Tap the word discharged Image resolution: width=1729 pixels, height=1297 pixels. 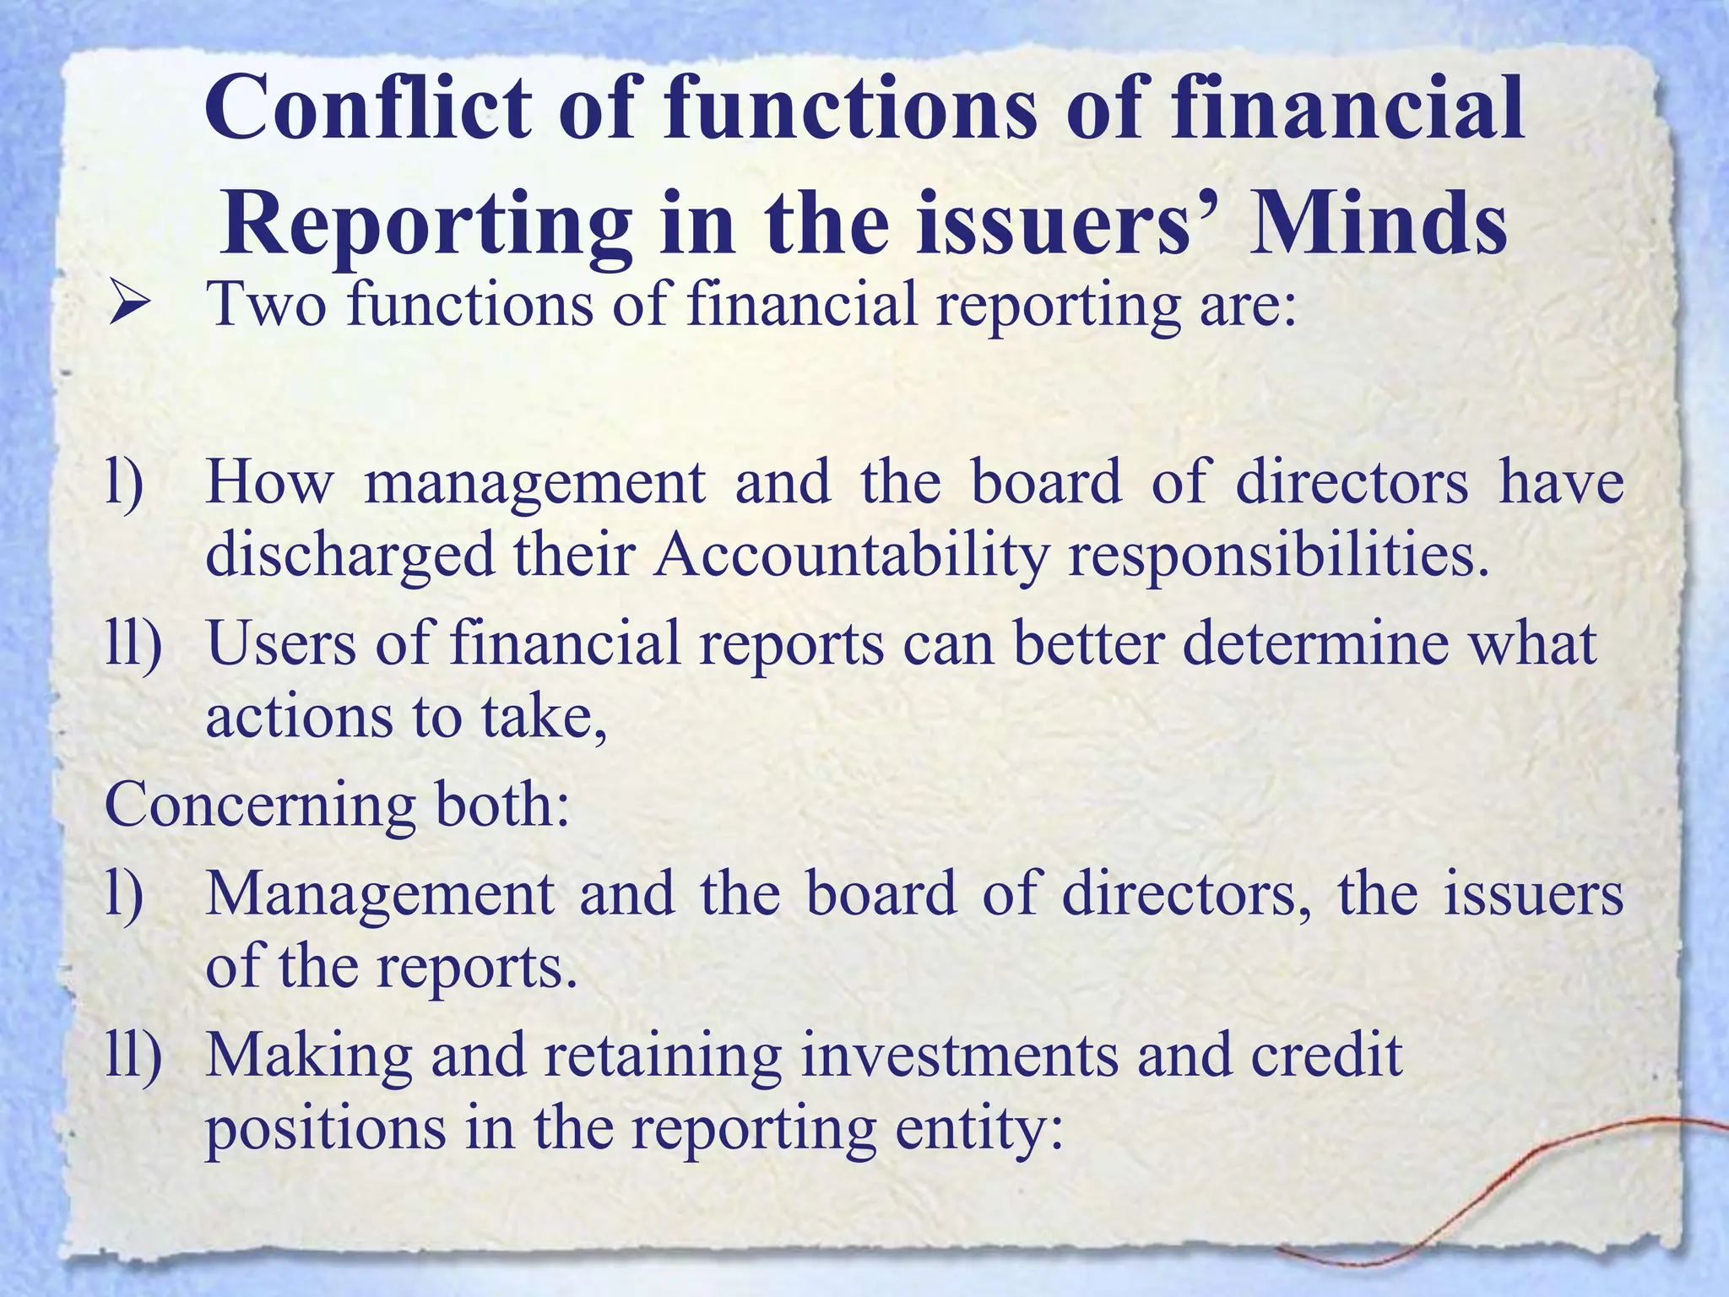pos(350,556)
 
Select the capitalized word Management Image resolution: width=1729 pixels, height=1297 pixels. pos(381,893)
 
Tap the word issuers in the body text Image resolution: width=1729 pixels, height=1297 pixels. pos(1533,893)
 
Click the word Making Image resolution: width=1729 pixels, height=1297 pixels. pos(309,1056)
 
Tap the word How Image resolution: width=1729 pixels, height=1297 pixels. pos(270,483)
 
